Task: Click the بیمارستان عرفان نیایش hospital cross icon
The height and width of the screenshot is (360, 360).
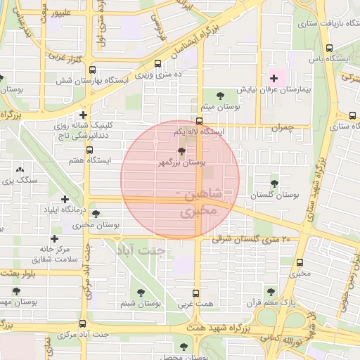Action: (x=274, y=78)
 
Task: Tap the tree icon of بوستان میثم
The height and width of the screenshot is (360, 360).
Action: (x=220, y=95)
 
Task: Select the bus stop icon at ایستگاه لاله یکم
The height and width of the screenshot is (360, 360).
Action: (x=200, y=120)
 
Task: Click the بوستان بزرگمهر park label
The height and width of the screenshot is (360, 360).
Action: (x=184, y=162)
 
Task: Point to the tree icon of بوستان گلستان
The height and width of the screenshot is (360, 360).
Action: (x=274, y=184)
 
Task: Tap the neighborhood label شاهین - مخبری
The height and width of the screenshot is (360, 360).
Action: (x=200, y=202)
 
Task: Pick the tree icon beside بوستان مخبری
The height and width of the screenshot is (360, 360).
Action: (x=96, y=214)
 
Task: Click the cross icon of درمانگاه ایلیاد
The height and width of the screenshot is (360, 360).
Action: (x=65, y=200)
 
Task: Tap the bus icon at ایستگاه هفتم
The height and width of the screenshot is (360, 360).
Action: (x=89, y=150)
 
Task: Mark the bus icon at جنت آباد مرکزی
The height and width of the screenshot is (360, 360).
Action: (x=83, y=324)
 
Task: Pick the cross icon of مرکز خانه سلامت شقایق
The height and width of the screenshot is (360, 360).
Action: (x=53, y=238)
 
